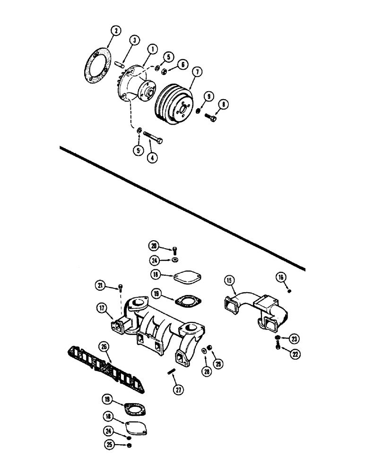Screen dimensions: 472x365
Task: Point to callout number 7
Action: pos(197,72)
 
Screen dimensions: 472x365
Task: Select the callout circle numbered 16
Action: pos(282,277)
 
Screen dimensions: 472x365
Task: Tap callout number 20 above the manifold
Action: pos(153,245)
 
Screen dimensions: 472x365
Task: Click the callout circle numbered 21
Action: pos(100,286)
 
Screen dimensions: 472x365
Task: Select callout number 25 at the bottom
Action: pos(109,444)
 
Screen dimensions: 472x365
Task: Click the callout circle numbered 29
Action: pos(218,364)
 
